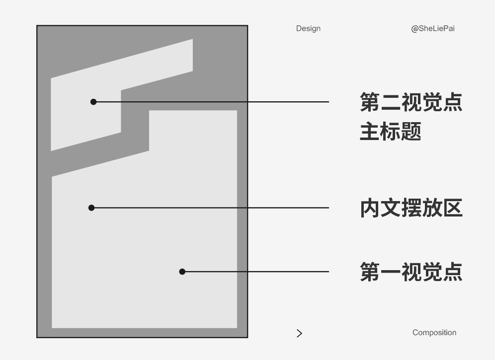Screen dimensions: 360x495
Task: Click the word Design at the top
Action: [x=308, y=28]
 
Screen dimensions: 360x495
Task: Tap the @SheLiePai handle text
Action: [x=433, y=28]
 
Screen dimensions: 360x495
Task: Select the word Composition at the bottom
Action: [x=434, y=333]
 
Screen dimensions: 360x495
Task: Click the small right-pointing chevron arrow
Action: [x=299, y=333]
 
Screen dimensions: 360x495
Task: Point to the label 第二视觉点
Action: [x=411, y=102]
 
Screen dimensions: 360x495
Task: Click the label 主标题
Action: [x=390, y=132]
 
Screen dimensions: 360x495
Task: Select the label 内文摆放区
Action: [x=411, y=208]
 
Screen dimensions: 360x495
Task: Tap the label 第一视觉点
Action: [x=411, y=272]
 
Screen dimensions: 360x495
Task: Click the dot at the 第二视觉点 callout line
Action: [x=93, y=102]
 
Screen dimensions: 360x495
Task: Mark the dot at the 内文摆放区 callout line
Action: [x=91, y=208]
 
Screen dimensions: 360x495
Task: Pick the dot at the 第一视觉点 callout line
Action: [x=182, y=272]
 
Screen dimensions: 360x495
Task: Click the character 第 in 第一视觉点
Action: [x=370, y=272]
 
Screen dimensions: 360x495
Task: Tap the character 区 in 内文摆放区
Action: [x=453, y=208]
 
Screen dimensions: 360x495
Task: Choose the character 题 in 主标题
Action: [x=411, y=132]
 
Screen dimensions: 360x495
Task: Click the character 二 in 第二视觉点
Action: [x=391, y=102]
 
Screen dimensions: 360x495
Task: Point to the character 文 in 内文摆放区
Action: [x=391, y=208]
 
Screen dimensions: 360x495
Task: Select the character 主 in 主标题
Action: [x=370, y=132]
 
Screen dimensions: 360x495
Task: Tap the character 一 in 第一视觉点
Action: [x=391, y=272]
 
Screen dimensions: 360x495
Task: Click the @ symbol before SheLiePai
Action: [x=414, y=29]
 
